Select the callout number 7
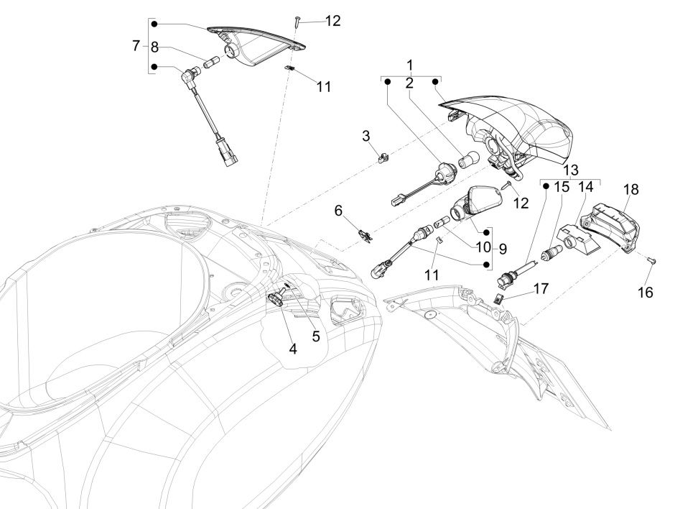[x=136, y=45]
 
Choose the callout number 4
[x=293, y=349]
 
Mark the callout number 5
[x=315, y=335]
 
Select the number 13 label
[x=571, y=170]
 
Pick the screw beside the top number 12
[x=296, y=23]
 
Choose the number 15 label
[x=562, y=187]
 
